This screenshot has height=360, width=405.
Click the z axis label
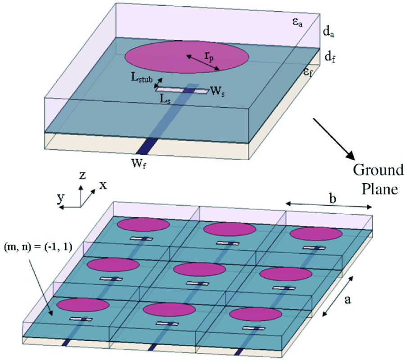coord(82,175)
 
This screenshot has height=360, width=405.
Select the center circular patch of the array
coord(199,270)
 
